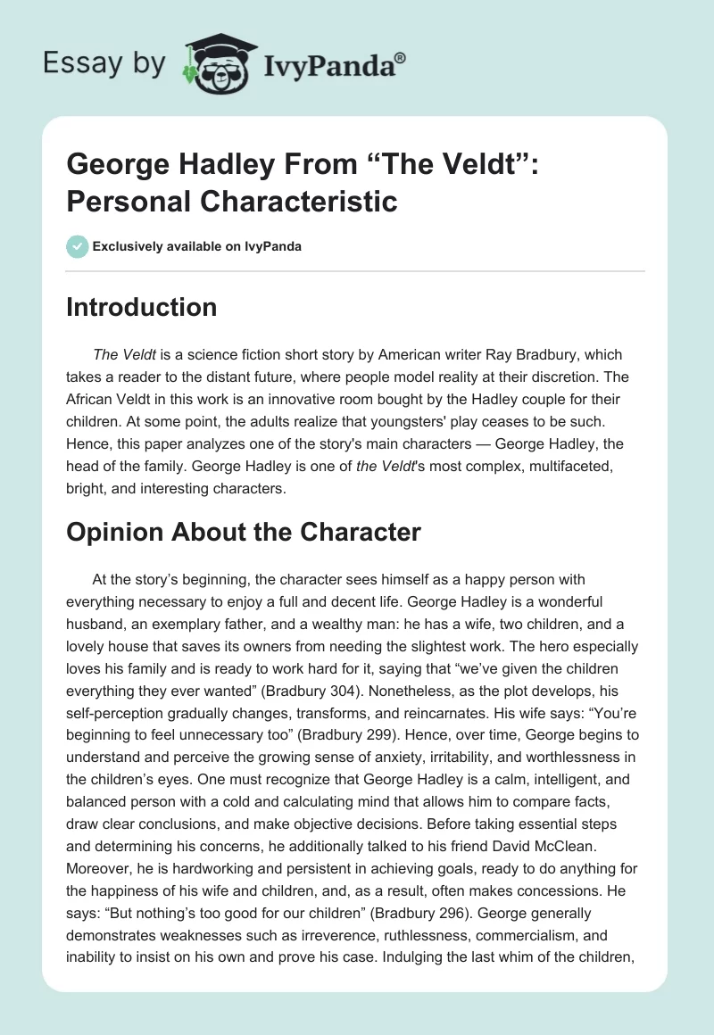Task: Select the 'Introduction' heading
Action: point(142,307)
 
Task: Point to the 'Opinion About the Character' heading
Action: point(243,533)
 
